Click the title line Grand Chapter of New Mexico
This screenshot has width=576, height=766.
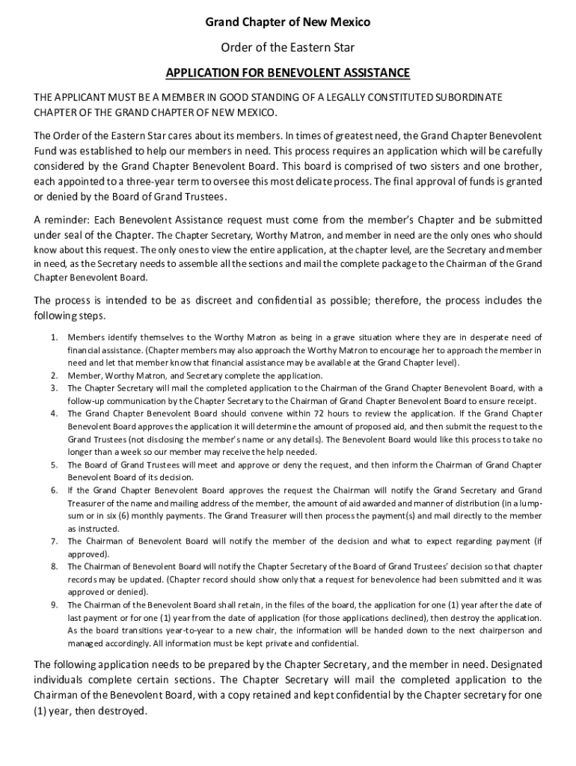click(288, 23)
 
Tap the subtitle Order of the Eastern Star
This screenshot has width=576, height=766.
click(288, 48)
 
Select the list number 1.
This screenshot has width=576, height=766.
click(55, 338)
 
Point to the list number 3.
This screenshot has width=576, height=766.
click(55, 388)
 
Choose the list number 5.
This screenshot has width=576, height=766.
click(55, 465)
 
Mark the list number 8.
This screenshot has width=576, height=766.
click(55, 566)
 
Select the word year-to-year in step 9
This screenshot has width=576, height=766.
click(180, 631)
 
